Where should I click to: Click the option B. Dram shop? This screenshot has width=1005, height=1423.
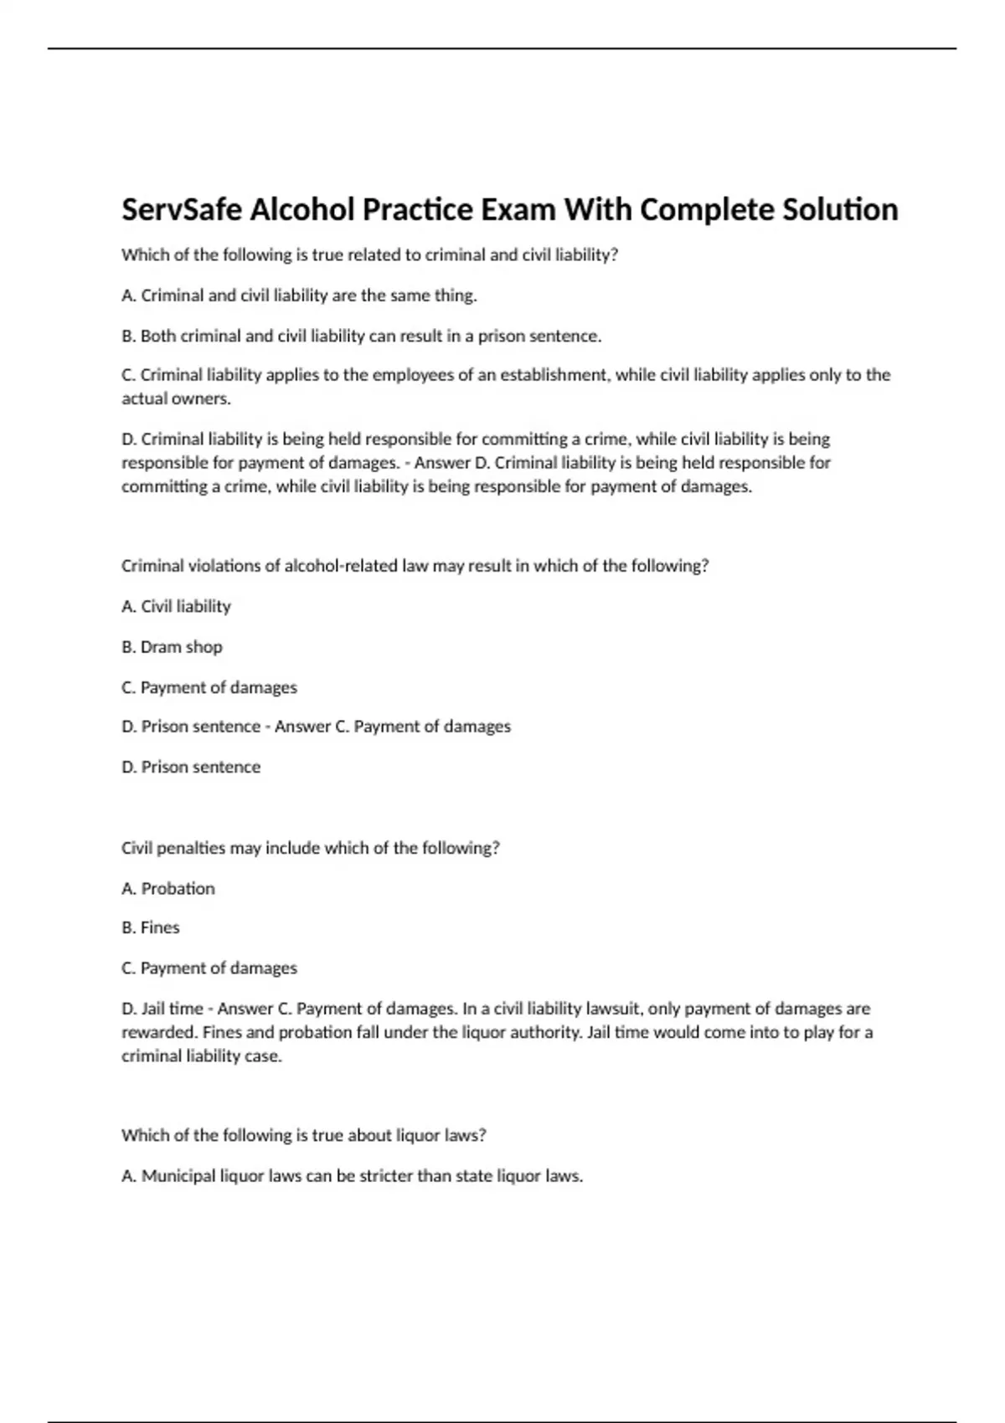pyautogui.click(x=172, y=647)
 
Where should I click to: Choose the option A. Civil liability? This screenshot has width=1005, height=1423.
pyautogui.click(x=176, y=606)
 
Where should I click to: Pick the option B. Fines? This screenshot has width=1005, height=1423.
pyautogui.click(x=151, y=927)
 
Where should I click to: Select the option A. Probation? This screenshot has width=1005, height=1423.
pyautogui.click(x=168, y=888)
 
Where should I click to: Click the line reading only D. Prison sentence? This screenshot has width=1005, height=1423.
pyautogui.click(x=191, y=767)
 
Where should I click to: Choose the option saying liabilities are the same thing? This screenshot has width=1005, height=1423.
pyautogui.click(x=299, y=295)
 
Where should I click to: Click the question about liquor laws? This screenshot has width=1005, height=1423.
pyautogui.click(x=304, y=1135)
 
